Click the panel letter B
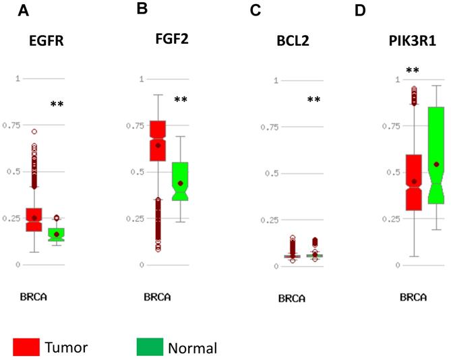click(x=142, y=9)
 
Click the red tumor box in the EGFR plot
click(x=34, y=219)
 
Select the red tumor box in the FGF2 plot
click(x=158, y=141)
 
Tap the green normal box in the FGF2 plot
click(x=180, y=181)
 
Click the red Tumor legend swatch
click(x=27, y=347)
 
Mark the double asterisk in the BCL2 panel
click(x=313, y=100)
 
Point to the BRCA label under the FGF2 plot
click(x=156, y=297)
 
